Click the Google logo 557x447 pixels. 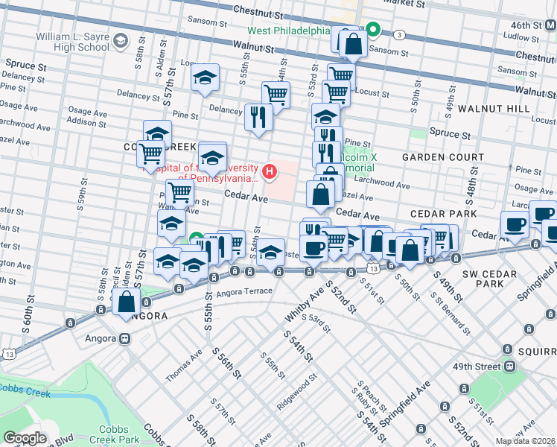point(25,438)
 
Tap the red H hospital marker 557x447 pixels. point(270,173)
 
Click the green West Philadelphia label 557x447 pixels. point(288,31)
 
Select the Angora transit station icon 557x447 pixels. point(124,338)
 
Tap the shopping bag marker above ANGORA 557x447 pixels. point(127,302)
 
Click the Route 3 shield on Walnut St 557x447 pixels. point(400,35)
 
